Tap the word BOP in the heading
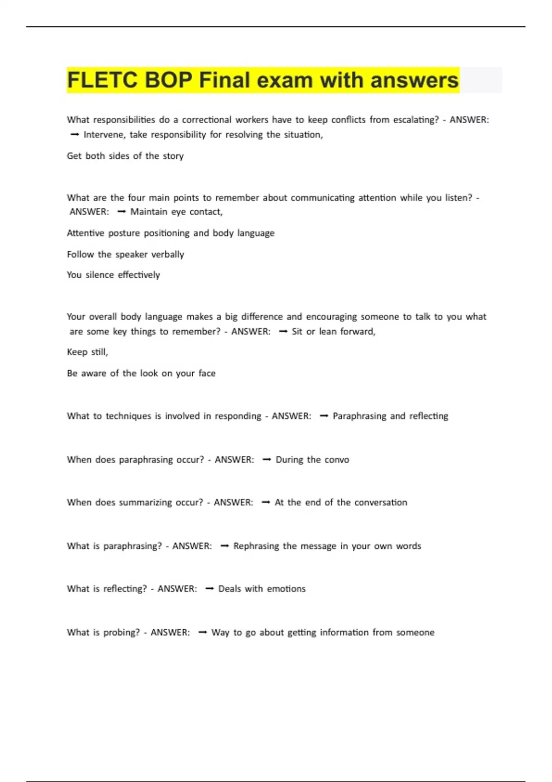pos(169,80)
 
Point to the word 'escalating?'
pos(414,120)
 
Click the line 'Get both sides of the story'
pos(125,156)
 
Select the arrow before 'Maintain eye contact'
pos(121,212)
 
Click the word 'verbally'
pos(167,254)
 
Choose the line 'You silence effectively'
pos(113,275)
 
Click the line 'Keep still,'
pos(87,352)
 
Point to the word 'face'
pos(207,373)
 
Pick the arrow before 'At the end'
pos(265,502)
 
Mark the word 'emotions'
pos(286,589)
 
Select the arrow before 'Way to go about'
pos(202,632)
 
